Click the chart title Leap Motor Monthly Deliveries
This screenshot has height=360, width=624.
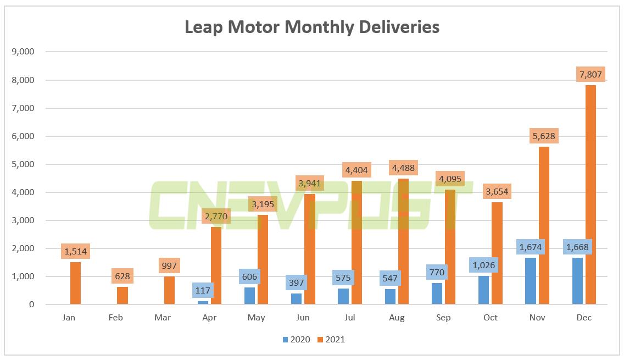pos(311,27)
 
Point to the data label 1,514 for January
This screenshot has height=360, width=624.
pos(75,252)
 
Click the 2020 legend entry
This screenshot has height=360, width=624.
pos(297,340)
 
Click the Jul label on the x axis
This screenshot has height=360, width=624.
pos(350,318)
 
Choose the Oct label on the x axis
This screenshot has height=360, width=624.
pos(490,318)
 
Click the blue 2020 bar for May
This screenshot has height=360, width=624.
pos(250,296)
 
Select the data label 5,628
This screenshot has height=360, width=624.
pos(544,136)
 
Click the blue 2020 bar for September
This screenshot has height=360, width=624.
pos(437,293)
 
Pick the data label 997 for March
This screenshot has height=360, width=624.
pos(169,266)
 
